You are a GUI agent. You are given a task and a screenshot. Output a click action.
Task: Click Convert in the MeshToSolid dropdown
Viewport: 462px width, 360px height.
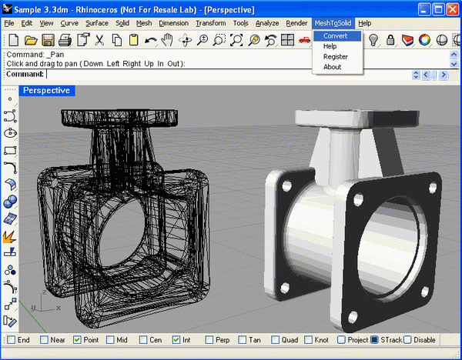pos(336,36)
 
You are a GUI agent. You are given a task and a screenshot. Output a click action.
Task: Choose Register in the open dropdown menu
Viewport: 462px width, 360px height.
pos(336,56)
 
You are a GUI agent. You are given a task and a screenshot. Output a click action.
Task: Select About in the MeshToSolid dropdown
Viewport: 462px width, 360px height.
pos(333,67)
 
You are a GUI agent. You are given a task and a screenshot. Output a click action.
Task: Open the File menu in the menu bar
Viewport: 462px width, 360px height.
pos(9,23)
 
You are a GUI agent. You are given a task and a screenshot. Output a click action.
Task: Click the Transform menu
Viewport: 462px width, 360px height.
pos(210,23)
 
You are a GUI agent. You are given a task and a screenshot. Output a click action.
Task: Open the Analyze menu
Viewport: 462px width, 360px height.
pos(266,23)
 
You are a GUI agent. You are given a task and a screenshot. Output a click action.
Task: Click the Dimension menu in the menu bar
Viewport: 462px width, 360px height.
pos(173,23)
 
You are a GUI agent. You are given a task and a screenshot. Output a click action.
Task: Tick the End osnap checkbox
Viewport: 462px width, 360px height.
pos(11,339)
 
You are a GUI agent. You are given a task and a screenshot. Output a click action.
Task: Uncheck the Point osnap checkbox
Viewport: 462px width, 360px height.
pos(77,339)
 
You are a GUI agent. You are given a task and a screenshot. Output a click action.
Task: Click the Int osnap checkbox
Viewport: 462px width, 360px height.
pos(176,339)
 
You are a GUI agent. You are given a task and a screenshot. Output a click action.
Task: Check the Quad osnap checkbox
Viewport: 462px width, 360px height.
pos(275,339)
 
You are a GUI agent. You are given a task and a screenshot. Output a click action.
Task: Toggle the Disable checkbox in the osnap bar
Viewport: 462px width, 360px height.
pos(408,339)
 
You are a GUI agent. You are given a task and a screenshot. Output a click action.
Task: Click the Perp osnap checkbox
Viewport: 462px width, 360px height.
pos(209,339)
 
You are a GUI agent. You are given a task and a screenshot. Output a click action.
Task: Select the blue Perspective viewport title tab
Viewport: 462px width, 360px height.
pos(46,91)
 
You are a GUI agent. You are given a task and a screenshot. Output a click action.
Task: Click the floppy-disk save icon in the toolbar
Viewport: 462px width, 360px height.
pos(48,40)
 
